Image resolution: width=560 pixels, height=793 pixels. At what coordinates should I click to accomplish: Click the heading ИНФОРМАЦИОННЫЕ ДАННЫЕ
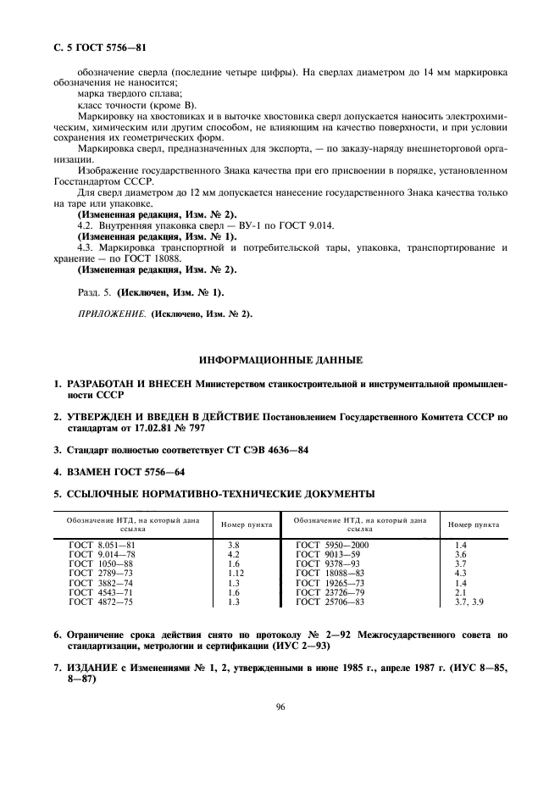(280, 359)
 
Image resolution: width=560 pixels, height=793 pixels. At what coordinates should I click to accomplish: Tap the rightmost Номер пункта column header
(473, 525)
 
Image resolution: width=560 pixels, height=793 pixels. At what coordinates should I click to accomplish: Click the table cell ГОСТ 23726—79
(329, 591)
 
